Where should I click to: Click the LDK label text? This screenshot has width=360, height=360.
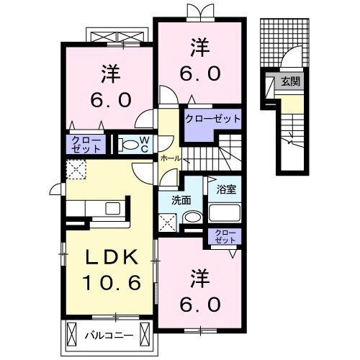pyautogui.click(x=109, y=257)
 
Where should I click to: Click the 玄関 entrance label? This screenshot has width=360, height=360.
pyautogui.click(x=292, y=81)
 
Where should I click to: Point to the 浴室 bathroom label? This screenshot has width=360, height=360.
pyautogui.click(x=227, y=190)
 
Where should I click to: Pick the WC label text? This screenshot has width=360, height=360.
pyautogui.click(x=144, y=144)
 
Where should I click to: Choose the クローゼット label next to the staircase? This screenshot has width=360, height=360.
pyautogui.click(x=212, y=118)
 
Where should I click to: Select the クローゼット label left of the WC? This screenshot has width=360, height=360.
pyautogui.click(x=85, y=144)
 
